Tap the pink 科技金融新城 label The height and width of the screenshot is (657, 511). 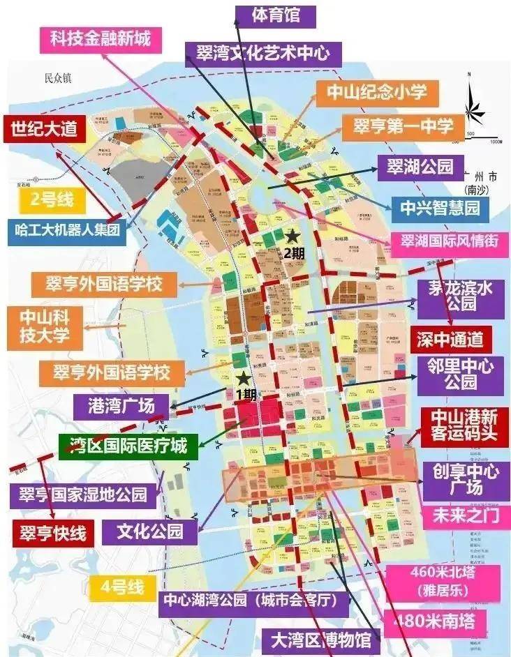[x=100, y=38]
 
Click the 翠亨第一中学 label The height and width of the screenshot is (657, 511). [x=402, y=128]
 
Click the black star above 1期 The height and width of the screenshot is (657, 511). [x=242, y=379]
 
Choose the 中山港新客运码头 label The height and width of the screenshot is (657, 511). [x=464, y=426]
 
